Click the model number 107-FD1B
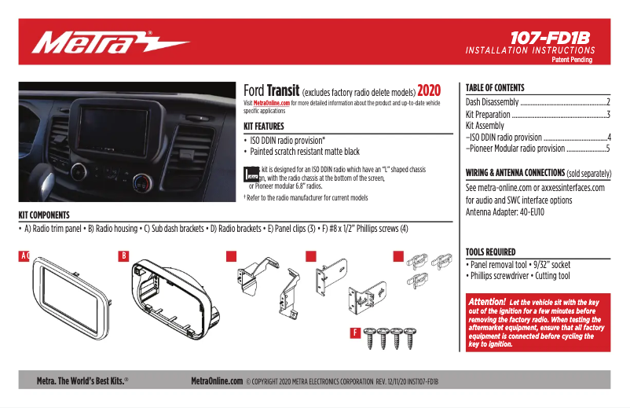549,37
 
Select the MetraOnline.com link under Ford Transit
271,103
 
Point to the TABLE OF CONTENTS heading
495,88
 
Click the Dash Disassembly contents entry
493,102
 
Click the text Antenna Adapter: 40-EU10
505,212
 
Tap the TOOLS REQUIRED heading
491,252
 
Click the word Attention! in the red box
486,302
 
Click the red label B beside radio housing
123,255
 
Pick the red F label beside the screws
355,333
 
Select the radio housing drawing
169,300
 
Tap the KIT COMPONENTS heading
44,215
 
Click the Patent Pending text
573,60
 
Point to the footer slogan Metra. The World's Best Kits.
82,380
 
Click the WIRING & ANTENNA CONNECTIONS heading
515,173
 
